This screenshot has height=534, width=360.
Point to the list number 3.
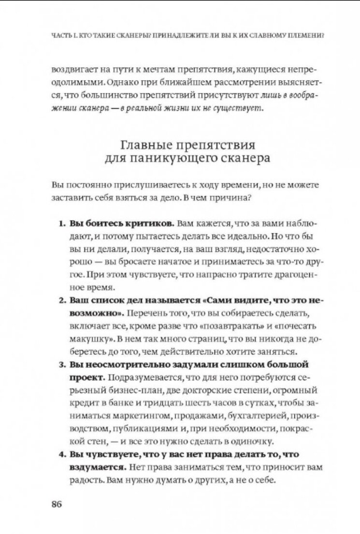click(x=62, y=364)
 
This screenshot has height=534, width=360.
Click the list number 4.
click(x=62, y=454)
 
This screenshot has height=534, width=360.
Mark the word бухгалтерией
click(x=259, y=416)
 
